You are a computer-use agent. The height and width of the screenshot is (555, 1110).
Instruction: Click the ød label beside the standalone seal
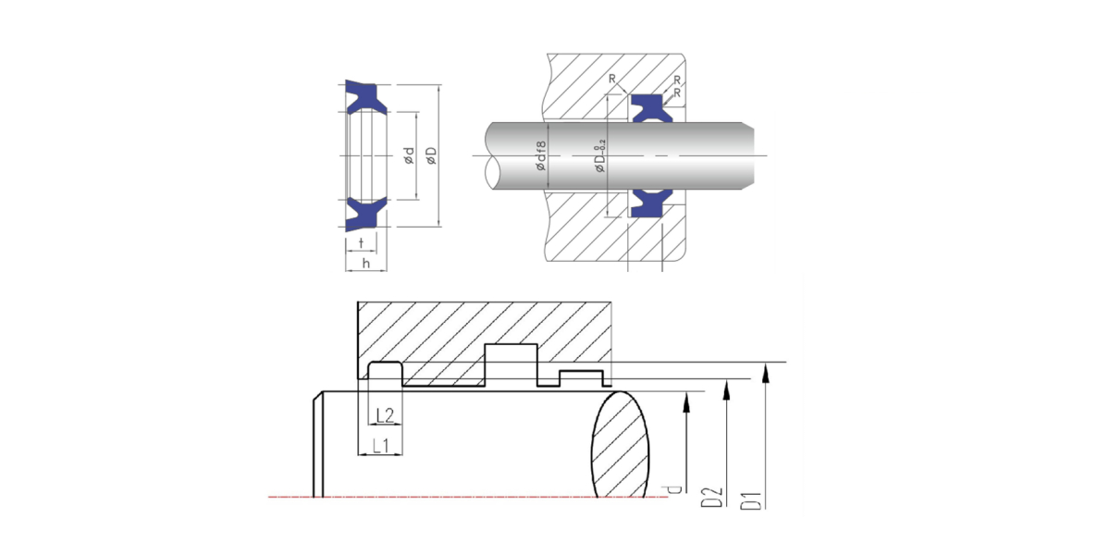click(x=409, y=155)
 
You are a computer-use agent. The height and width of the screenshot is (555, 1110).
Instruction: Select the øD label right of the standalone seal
click(x=432, y=155)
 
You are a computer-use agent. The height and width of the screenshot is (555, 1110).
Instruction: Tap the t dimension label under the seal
click(x=362, y=242)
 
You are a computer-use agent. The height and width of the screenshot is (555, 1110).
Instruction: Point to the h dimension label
click(x=366, y=263)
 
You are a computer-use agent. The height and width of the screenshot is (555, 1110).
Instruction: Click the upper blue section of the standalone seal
click(x=366, y=97)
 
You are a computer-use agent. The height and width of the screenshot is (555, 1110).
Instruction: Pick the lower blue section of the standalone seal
click(x=366, y=214)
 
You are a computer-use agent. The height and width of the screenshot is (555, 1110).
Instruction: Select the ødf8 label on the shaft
click(x=540, y=155)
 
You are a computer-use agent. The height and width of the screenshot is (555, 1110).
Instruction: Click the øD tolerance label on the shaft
click(x=600, y=156)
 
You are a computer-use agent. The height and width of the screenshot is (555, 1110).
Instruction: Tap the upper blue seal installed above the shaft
click(x=652, y=108)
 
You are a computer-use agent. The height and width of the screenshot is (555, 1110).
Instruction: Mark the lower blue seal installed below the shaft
click(x=652, y=203)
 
